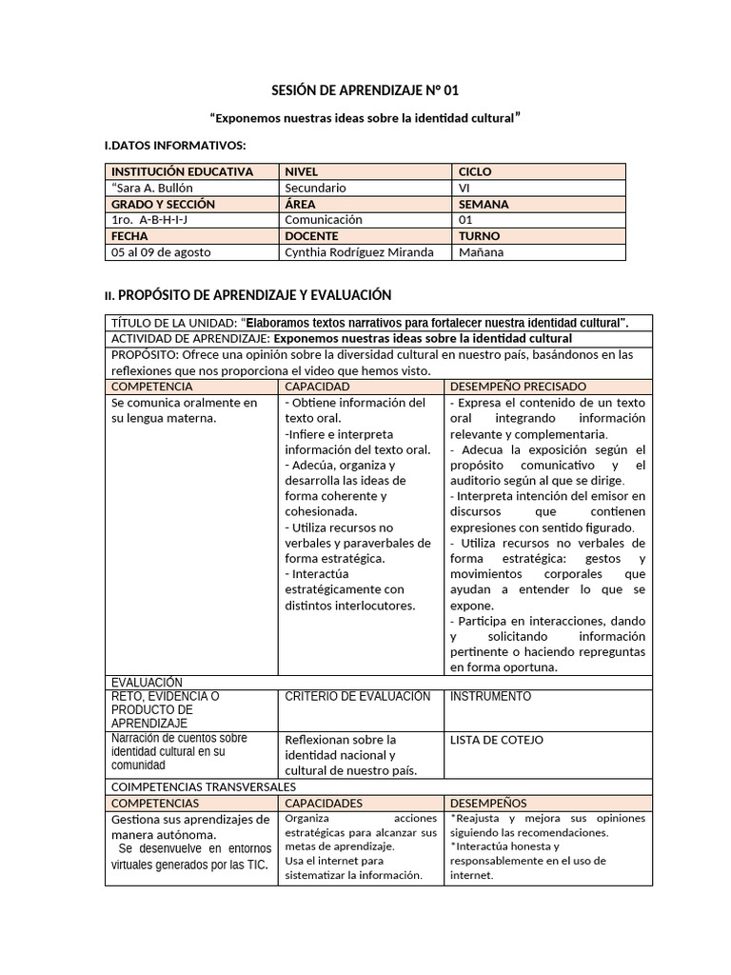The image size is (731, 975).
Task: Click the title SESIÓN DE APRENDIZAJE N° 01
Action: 365,90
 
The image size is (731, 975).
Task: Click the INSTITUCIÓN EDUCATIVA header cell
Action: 183,171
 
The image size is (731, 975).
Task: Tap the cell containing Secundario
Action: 315,188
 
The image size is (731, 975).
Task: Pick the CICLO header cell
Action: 475,171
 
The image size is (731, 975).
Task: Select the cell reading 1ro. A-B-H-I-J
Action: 150,220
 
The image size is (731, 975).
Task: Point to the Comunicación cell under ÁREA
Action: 324,220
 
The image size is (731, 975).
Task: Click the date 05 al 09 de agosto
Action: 161,252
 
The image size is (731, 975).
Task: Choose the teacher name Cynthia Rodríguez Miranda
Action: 359,252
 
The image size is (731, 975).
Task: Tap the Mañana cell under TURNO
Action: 482,252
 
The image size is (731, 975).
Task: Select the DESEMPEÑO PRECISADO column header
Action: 517,387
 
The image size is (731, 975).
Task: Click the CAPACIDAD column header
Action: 317,387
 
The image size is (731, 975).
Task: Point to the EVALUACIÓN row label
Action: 147,683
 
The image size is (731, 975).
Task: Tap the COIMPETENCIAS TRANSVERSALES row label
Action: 204,787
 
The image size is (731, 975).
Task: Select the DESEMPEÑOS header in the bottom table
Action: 487,804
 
